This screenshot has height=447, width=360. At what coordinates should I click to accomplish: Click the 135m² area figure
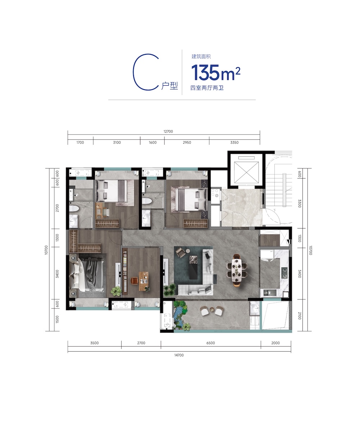[216, 72]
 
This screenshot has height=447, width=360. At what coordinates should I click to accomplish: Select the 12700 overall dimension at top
[168, 131]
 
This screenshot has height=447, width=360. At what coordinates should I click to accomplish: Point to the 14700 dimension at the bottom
[179, 355]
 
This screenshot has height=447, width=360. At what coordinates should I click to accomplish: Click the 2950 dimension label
[187, 142]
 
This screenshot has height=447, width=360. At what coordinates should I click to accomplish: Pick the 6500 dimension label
[211, 343]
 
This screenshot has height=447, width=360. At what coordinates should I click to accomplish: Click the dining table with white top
[237, 270]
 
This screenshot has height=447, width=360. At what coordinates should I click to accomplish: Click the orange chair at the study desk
[134, 281]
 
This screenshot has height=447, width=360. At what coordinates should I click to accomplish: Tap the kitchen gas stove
[284, 273]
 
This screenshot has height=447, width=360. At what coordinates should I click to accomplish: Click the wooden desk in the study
[144, 281]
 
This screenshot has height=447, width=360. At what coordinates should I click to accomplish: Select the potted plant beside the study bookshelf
[116, 291]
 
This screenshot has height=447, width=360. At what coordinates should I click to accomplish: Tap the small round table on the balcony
[212, 309]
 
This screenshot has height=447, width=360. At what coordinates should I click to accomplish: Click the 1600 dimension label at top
[153, 142]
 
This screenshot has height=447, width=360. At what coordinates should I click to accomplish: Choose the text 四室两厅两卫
[207, 88]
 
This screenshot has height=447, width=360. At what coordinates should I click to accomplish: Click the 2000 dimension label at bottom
[275, 343]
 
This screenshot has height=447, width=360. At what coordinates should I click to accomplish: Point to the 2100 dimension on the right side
[300, 316]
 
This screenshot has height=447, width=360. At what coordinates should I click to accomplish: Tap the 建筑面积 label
[201, 57]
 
